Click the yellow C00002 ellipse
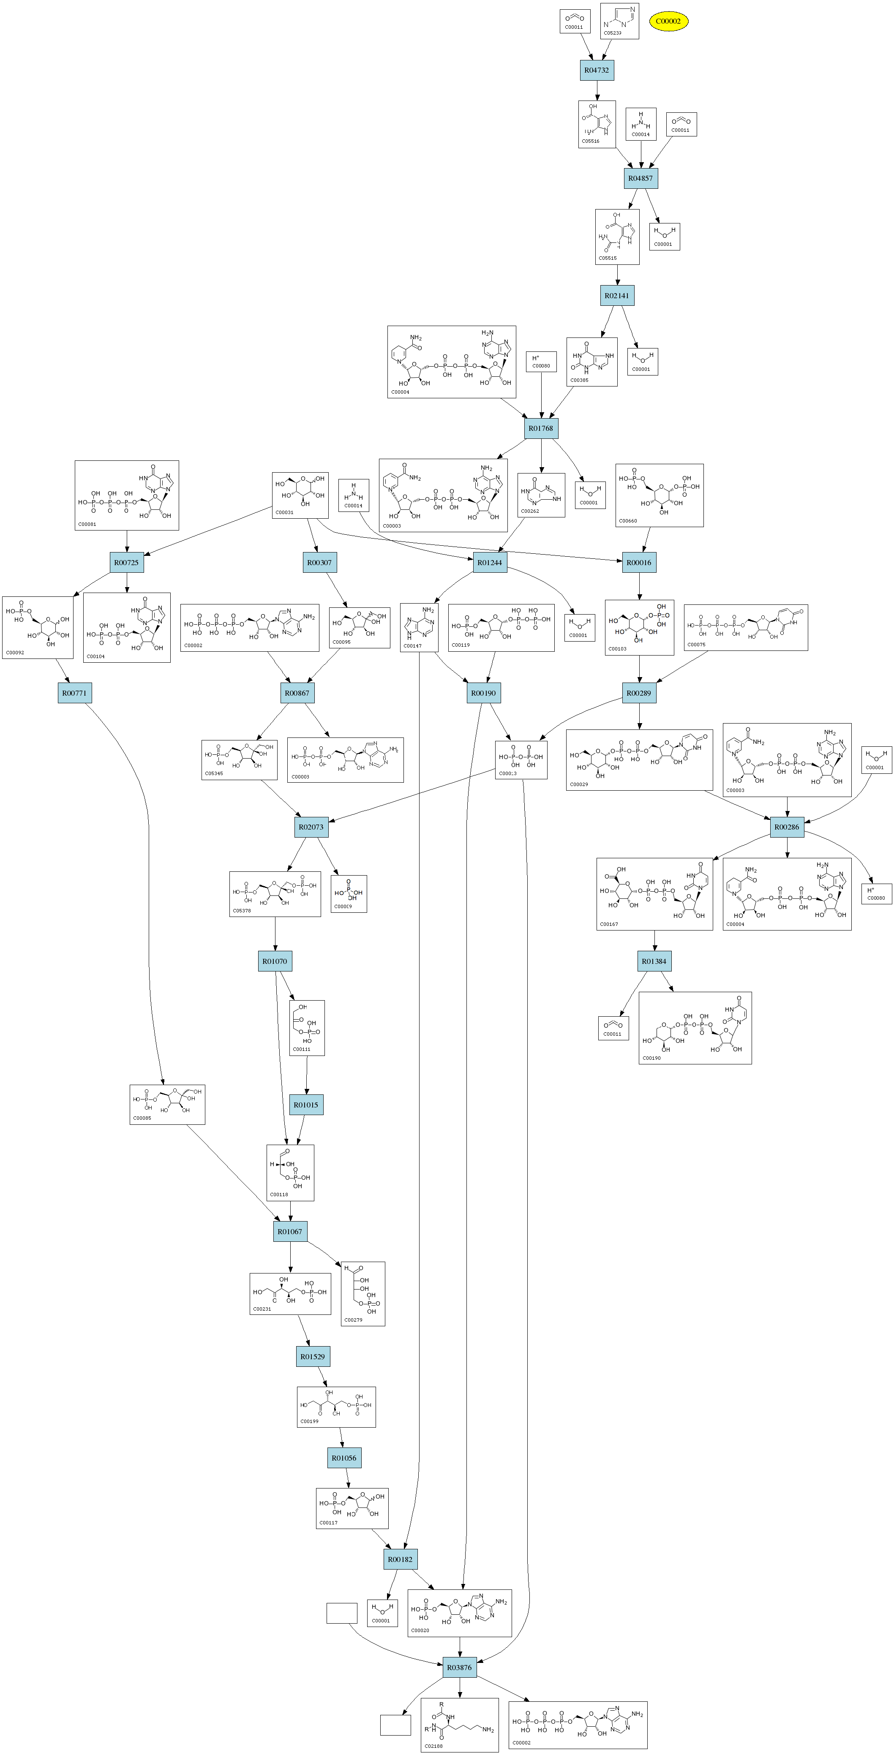click(668, 21)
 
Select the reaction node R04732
click(597, 70)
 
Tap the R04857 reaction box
click(641, 179)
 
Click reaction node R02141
click(617, 296)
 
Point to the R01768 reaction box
click(541, 429)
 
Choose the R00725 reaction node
click(127, 563)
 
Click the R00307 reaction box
click(319, 563)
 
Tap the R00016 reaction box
click(639, 563)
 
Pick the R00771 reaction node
click(74, 694)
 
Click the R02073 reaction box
click(311, 827)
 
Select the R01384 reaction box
click(654, 961)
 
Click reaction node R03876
click(459, 1668)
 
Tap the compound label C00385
click(579, 380)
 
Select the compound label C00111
click(301, 1049)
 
